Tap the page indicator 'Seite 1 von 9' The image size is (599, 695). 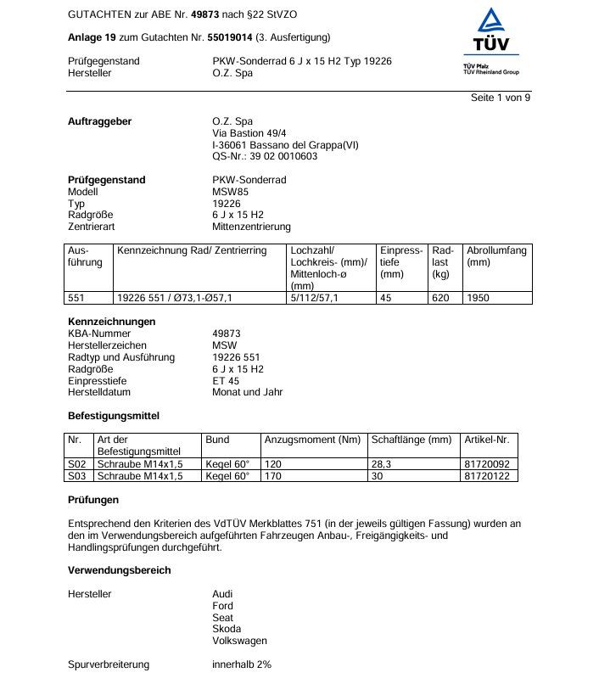click(501, 98)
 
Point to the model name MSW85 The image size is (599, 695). click(232, 192)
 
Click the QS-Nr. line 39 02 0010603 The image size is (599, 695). click(265, 156)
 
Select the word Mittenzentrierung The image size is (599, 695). click(251, 227)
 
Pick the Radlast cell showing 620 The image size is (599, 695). click(440, 298)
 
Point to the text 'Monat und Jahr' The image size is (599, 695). click(247, 392)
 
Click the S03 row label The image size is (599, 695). click(77, 477)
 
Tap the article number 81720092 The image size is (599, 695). click(487, 465)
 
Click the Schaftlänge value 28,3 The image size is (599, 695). click(382, 465)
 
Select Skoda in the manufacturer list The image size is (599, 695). click(227, 629)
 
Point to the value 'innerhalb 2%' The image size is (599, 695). click(241, 664)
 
